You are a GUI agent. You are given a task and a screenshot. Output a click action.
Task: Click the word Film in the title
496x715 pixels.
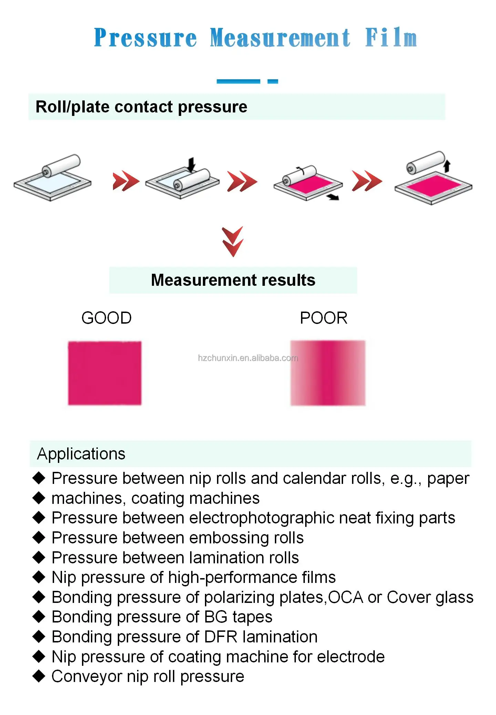391,38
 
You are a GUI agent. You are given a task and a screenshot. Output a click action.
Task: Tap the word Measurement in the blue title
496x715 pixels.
280,38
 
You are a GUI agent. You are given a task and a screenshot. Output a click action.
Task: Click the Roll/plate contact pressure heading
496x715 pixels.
141,107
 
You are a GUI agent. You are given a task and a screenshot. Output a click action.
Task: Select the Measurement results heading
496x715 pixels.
233,280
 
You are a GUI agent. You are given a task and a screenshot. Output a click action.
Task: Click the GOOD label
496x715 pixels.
106,318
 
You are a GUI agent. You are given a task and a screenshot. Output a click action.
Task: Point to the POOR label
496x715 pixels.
323,318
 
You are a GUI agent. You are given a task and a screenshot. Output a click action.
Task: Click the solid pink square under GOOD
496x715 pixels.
105,373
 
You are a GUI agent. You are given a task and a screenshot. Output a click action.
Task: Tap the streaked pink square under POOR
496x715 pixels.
328,373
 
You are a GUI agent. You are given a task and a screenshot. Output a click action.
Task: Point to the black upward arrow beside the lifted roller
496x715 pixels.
447,166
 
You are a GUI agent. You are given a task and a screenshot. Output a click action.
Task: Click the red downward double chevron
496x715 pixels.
233,241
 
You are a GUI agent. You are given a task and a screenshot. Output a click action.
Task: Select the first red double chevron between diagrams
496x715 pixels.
126,181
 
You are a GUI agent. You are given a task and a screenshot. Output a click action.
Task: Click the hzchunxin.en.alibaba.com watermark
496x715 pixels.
248,358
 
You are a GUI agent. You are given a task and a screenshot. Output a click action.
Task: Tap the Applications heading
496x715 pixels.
81,454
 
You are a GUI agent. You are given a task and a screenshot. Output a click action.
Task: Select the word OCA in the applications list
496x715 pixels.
345,597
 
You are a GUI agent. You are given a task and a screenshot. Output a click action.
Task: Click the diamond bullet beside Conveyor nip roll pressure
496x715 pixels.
39,676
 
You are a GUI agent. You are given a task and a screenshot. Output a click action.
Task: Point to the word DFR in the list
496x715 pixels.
220,637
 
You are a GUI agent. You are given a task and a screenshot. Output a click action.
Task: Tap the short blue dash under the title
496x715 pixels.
272,82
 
